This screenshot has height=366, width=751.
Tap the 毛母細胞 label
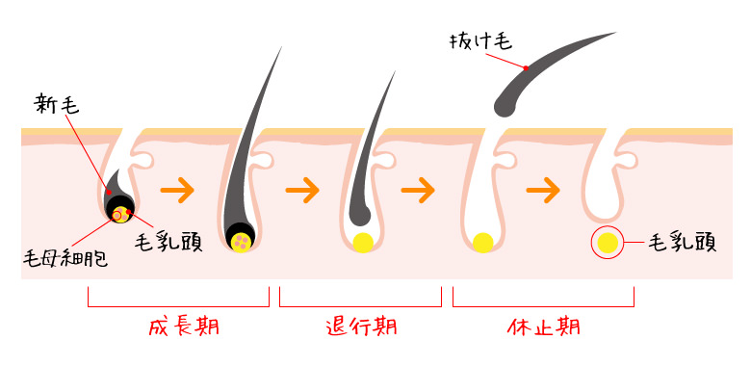[65, 258]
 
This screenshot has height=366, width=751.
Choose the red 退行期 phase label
[361, 327]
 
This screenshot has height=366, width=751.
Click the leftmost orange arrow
[177, 189]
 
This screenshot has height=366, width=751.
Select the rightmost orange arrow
[542, 189]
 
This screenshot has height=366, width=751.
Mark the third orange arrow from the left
[417, 189]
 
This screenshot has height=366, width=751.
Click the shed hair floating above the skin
[549, 67]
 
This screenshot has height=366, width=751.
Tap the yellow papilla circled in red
[608, 243]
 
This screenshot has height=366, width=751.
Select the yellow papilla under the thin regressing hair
[363, 242]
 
